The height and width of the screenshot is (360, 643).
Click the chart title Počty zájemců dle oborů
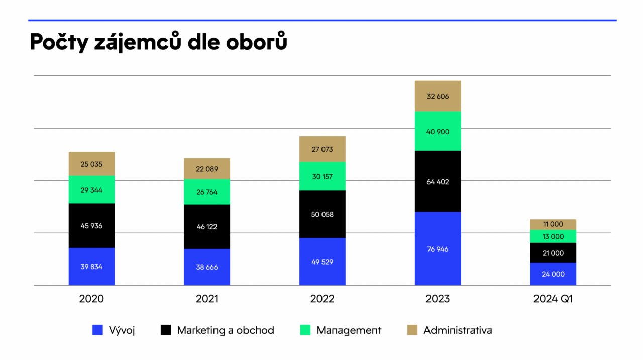(158, 42)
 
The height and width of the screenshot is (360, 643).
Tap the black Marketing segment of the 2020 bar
(91, 225)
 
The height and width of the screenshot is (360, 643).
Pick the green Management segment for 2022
(322, 176)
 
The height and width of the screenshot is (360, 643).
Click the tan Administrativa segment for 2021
(206, 169)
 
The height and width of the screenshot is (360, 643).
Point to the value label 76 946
(438, 249)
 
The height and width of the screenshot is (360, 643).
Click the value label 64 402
(438, 182)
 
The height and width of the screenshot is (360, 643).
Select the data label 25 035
(91, 164)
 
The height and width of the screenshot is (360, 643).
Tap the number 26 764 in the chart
(206, 192)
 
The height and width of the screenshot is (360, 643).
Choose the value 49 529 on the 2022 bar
(322, 262)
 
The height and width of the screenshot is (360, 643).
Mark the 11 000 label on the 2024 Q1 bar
(553, 224)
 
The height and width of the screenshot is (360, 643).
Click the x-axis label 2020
(91, 299)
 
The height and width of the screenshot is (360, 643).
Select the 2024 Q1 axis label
(553, 299)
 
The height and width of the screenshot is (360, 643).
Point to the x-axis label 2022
(322, 299)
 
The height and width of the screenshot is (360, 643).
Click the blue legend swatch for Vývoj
(98, 330)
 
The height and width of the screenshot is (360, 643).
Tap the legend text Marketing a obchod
(226, 330)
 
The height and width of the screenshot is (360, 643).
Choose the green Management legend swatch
(305, 330)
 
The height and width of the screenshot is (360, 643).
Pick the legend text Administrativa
(458, 330)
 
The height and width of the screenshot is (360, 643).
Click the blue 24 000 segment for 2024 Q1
(553, 274)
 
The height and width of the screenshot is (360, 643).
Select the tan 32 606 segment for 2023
(438, 96)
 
